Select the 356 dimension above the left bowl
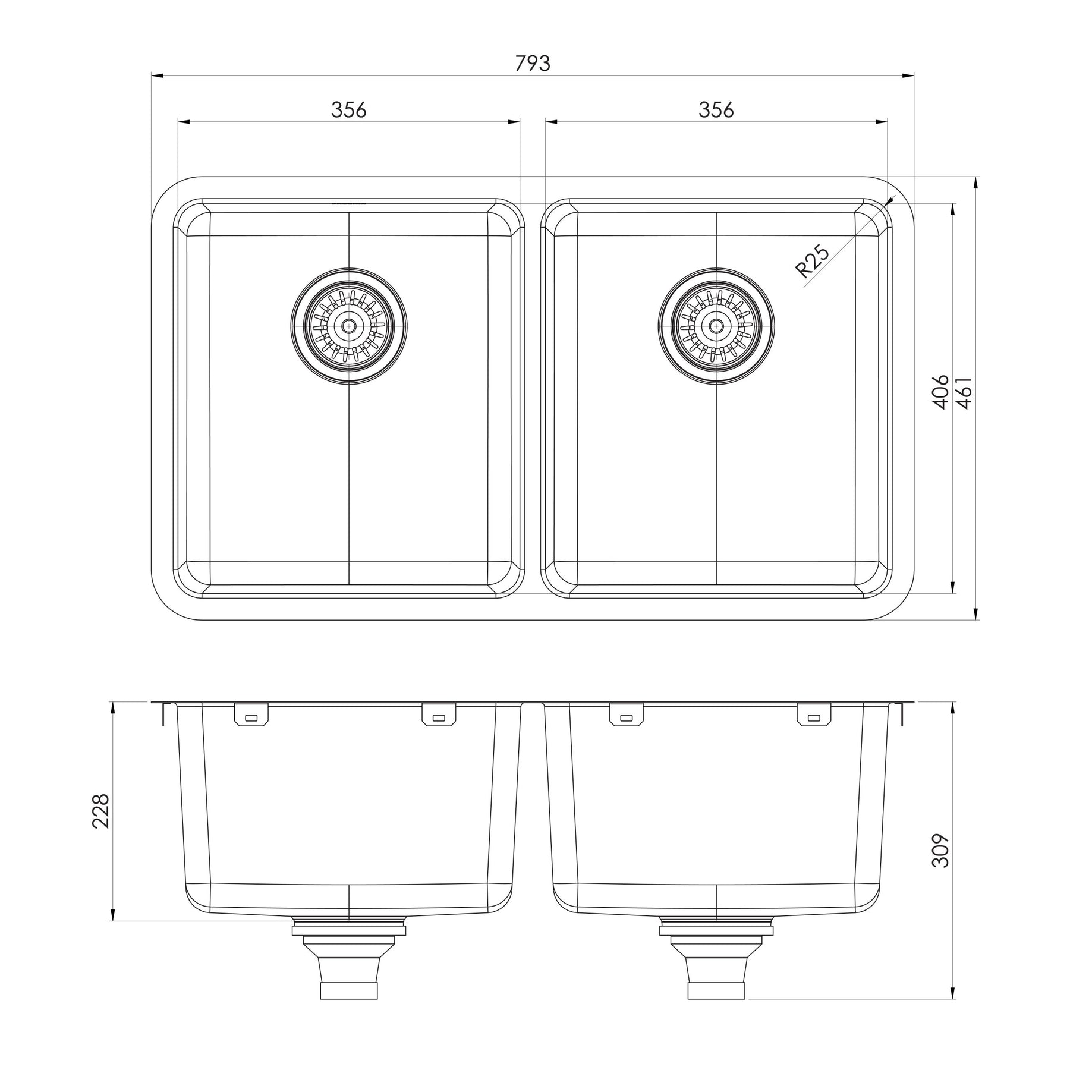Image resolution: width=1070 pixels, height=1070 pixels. click(349, 110)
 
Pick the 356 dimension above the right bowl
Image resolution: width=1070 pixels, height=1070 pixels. click(716, 110)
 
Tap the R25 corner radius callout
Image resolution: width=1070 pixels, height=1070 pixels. click(812, 262)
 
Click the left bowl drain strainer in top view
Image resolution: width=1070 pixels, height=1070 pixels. click(349, 326)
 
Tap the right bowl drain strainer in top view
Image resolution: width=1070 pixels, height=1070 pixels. click(716, 326)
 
